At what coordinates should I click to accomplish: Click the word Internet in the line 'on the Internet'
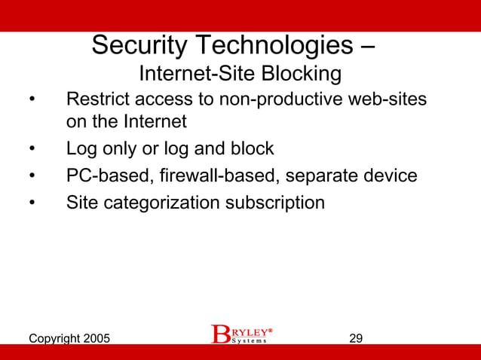pyautogui.click(x=154, y=121)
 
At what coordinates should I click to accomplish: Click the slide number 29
pyautogui.click(x=356, y=338)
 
